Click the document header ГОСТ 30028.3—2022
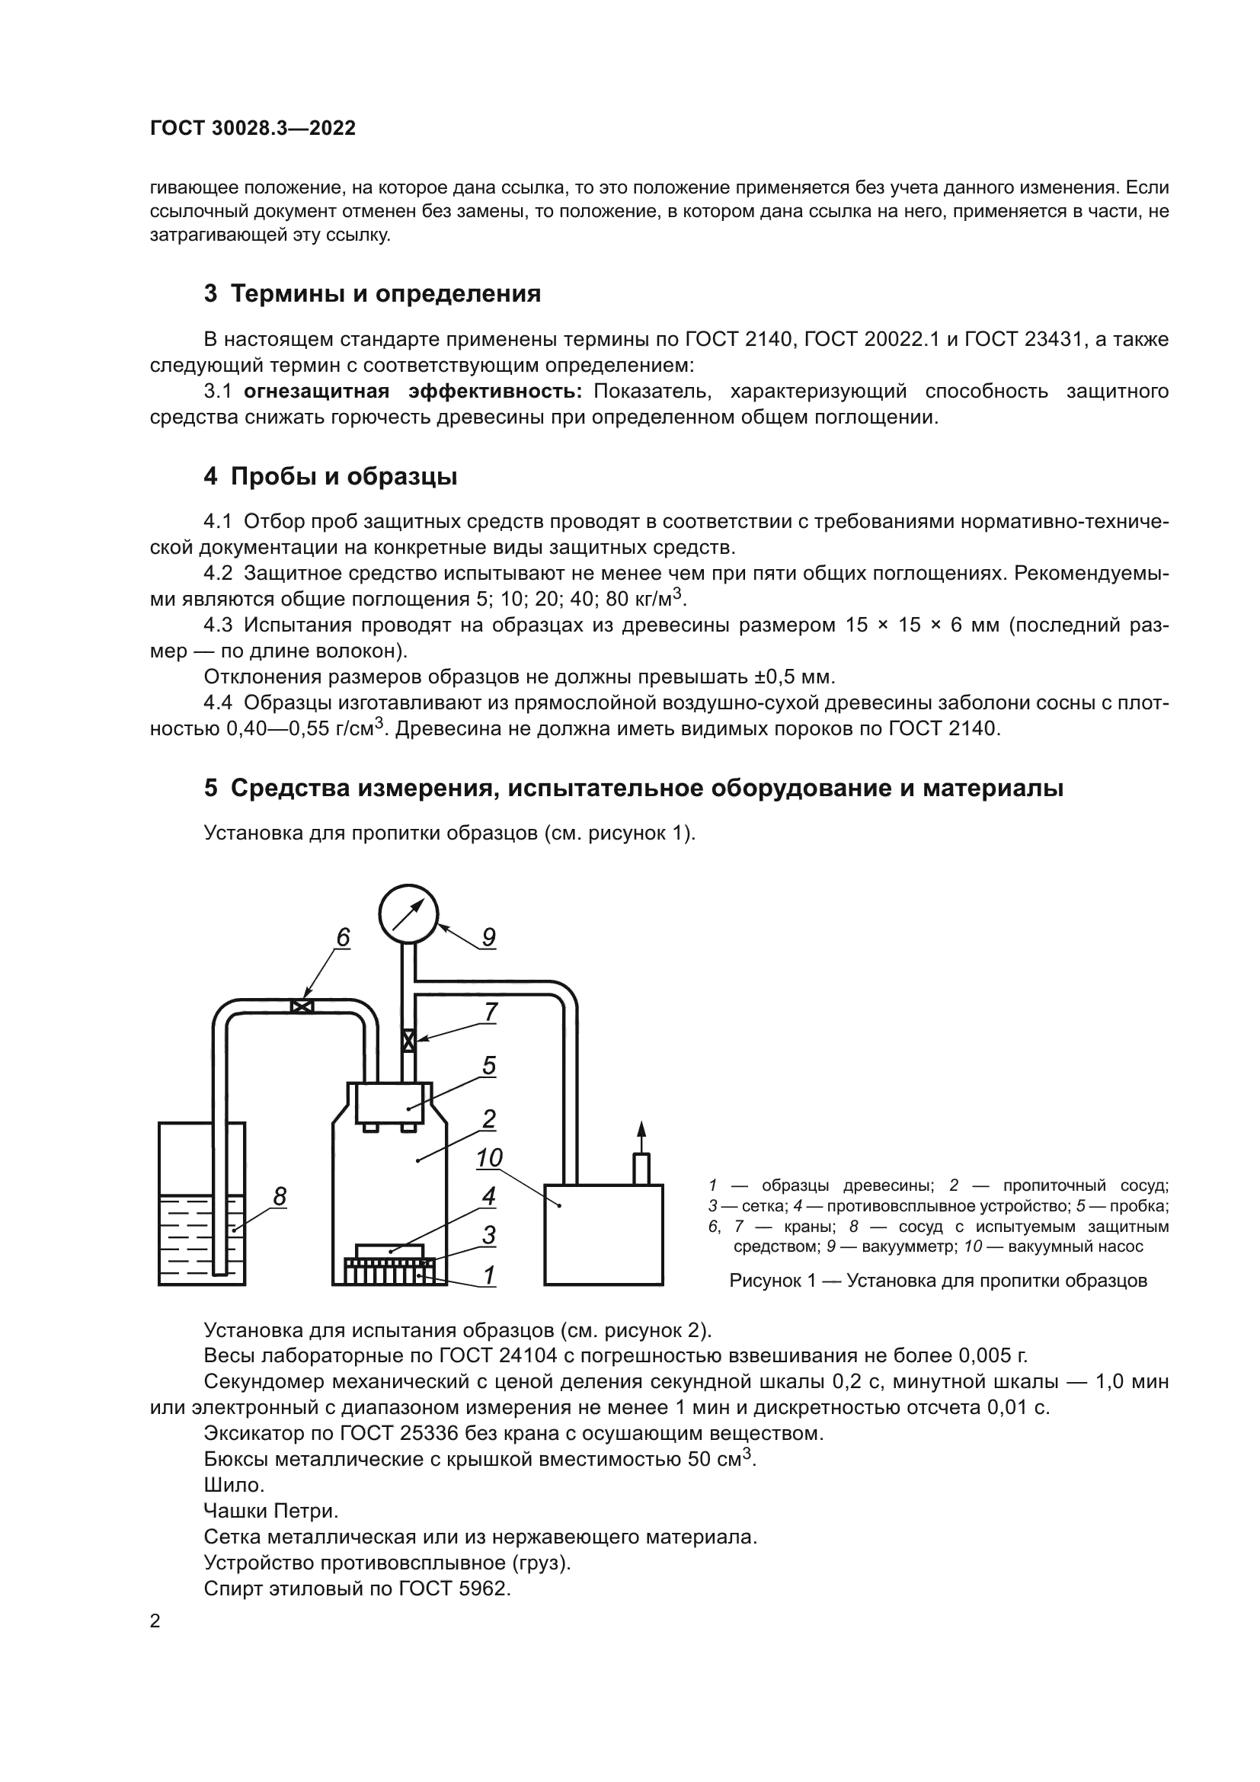click(x=252, y=129)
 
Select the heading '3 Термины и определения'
click(x=373, y=294)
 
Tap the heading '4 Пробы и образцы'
click(x=331, y=476)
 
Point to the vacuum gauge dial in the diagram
click(x=409, y=914)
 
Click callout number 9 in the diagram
click(x=488, y=938)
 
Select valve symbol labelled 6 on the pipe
click(x=301, y=1006)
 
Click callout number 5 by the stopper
click(x=489, y=1066)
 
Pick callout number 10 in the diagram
click(x=489, y=1158)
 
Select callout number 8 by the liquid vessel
click(x=280, y=1197)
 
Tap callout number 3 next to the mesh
click(x=489, y=1235)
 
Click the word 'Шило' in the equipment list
click(x=234, y=1486)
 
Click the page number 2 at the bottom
click(x=155, y=1622)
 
